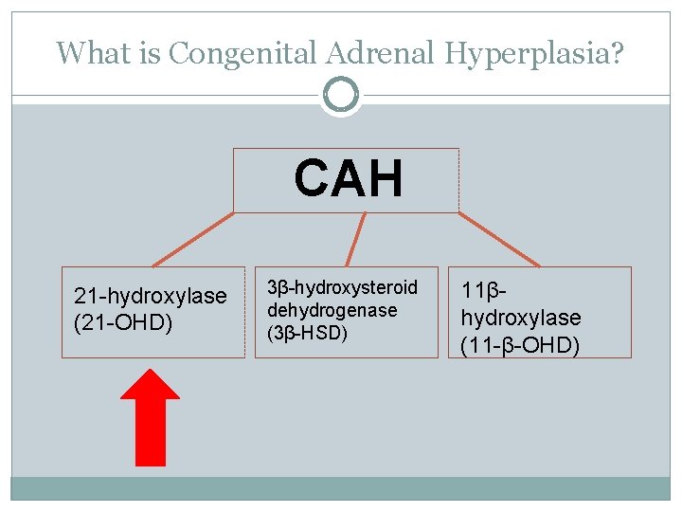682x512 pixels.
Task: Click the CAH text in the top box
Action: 348,178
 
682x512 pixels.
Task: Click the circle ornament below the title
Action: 341,95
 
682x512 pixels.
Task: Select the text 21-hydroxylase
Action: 151,296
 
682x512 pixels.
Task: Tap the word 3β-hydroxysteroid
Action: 342,287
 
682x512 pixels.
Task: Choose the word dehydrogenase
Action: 332,310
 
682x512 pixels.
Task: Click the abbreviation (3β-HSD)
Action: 307,333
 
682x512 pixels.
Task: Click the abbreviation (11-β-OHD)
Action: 520,345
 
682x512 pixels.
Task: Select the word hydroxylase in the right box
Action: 521,318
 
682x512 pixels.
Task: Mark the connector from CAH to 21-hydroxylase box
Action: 193,239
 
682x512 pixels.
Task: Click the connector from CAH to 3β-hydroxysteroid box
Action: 355,238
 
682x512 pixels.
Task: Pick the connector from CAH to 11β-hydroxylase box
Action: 499,239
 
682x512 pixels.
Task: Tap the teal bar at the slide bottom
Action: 341,488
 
